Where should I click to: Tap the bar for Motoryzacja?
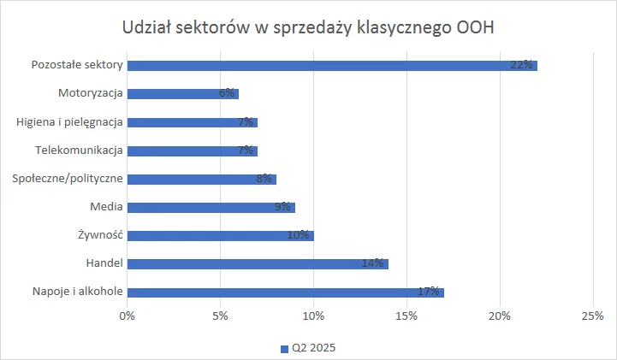pyautogui.click(x=183, y=93)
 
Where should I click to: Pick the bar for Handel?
pyautogui.click(x=258, y=263)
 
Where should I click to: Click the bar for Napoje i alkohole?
pyautogui.click(x=286, y=292)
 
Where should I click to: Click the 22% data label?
pyautogui.click(x=522, y=65)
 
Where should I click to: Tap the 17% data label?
pyautogui.click(x=429, y=292)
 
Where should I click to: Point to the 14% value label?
pyautogui.click(x=372, y=263)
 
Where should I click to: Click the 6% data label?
pyautogui.click(x=227, y=93)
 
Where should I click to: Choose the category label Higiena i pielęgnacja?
pyautogui.click(x=70, y=121)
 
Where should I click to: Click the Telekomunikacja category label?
pyautogui.click(x=80, y=150)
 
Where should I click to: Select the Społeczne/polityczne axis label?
pyautogui.click(x=68, y=179)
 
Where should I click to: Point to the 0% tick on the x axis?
pyautogui.click(x=128, y=316)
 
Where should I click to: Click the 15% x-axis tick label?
pyautogui.click(x=406, y=316)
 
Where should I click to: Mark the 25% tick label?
pyautogui.click(x=592, y=316)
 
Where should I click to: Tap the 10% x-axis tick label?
pyautogui.click(x=313, y=316)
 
